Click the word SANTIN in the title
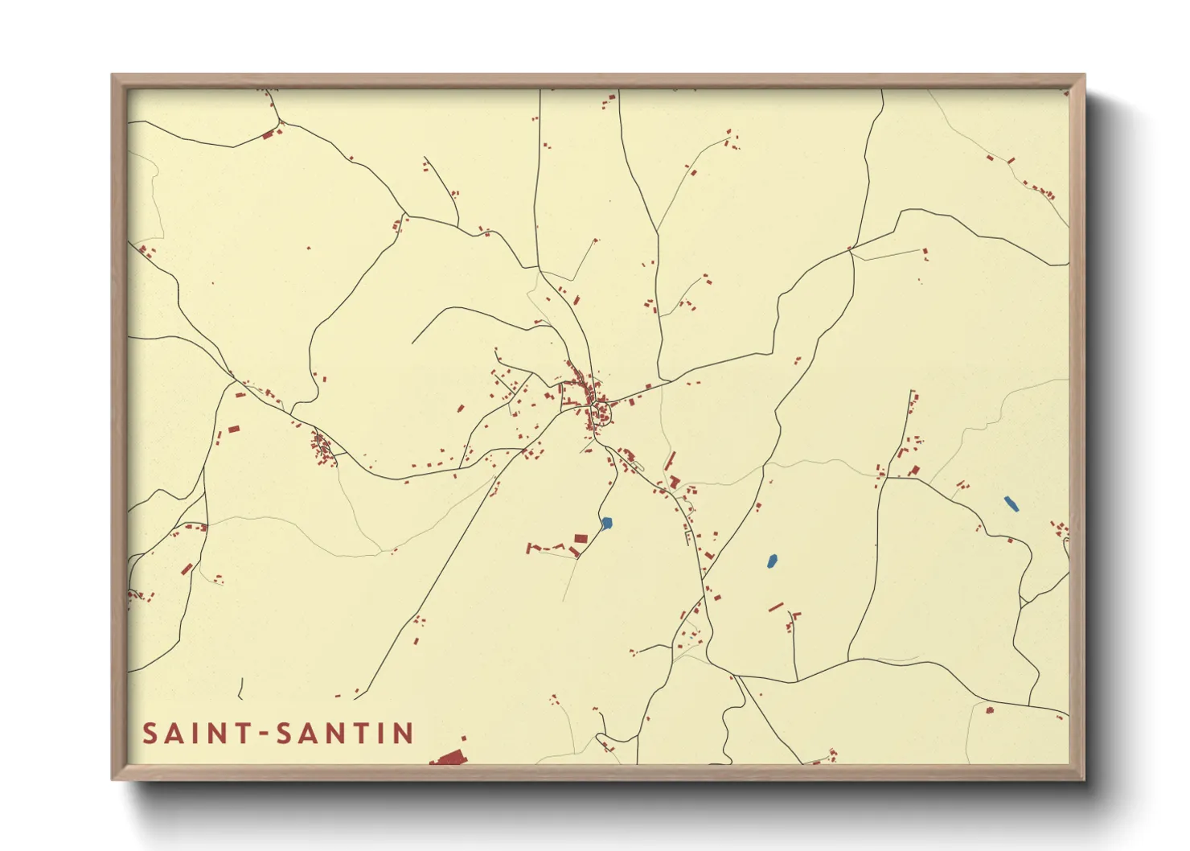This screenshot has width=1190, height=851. (x=345, y=734)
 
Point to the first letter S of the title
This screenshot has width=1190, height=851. (x=150, y=734)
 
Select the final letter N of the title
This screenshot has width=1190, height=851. (x=404, y=734)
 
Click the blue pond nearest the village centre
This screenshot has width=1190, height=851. (x=607, y=524)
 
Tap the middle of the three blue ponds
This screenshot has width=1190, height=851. (x=772, y=560)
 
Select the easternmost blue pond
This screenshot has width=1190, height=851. (x=1011, y=504)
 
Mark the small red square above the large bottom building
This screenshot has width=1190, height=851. (x=463, y=738)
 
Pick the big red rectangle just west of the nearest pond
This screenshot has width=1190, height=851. (x=581, y=538)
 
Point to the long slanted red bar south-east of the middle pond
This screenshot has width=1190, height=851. (x=776, y=606)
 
